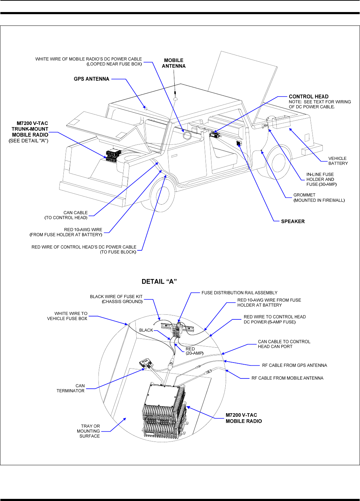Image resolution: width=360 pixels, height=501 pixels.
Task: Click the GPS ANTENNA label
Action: coord(91,79)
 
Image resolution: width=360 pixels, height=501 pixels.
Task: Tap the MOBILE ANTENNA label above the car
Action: coord(174,63)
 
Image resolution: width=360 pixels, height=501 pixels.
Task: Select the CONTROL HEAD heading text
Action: coord(309,96)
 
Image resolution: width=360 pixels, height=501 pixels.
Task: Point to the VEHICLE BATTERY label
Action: coord(338,161)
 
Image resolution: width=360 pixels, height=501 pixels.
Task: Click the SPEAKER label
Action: coord(293,221)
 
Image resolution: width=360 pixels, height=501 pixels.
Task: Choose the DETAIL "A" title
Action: coord(159,281)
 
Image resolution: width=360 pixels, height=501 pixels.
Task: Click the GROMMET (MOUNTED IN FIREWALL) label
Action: coord(319,198)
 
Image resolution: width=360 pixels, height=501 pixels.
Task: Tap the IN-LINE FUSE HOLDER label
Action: coord(321,179)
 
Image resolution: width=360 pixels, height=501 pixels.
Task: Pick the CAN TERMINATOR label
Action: coord(71,388)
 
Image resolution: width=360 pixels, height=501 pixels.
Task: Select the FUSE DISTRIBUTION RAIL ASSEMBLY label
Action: coord(240,293)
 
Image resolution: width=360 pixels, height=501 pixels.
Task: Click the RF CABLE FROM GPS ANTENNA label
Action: coord(294,365)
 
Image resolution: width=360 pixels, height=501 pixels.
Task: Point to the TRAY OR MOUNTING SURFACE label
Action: coord(89,431)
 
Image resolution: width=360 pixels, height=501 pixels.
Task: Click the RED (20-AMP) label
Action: coord(195,351)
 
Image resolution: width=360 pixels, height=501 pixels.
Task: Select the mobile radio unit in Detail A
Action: coord(164,409)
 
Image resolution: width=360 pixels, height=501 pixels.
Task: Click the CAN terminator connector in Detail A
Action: coord(146,364)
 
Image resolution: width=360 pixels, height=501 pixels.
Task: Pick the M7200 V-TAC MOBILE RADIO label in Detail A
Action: coord(244,418)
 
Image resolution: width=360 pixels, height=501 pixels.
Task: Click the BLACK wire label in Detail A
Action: coord(146,330)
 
